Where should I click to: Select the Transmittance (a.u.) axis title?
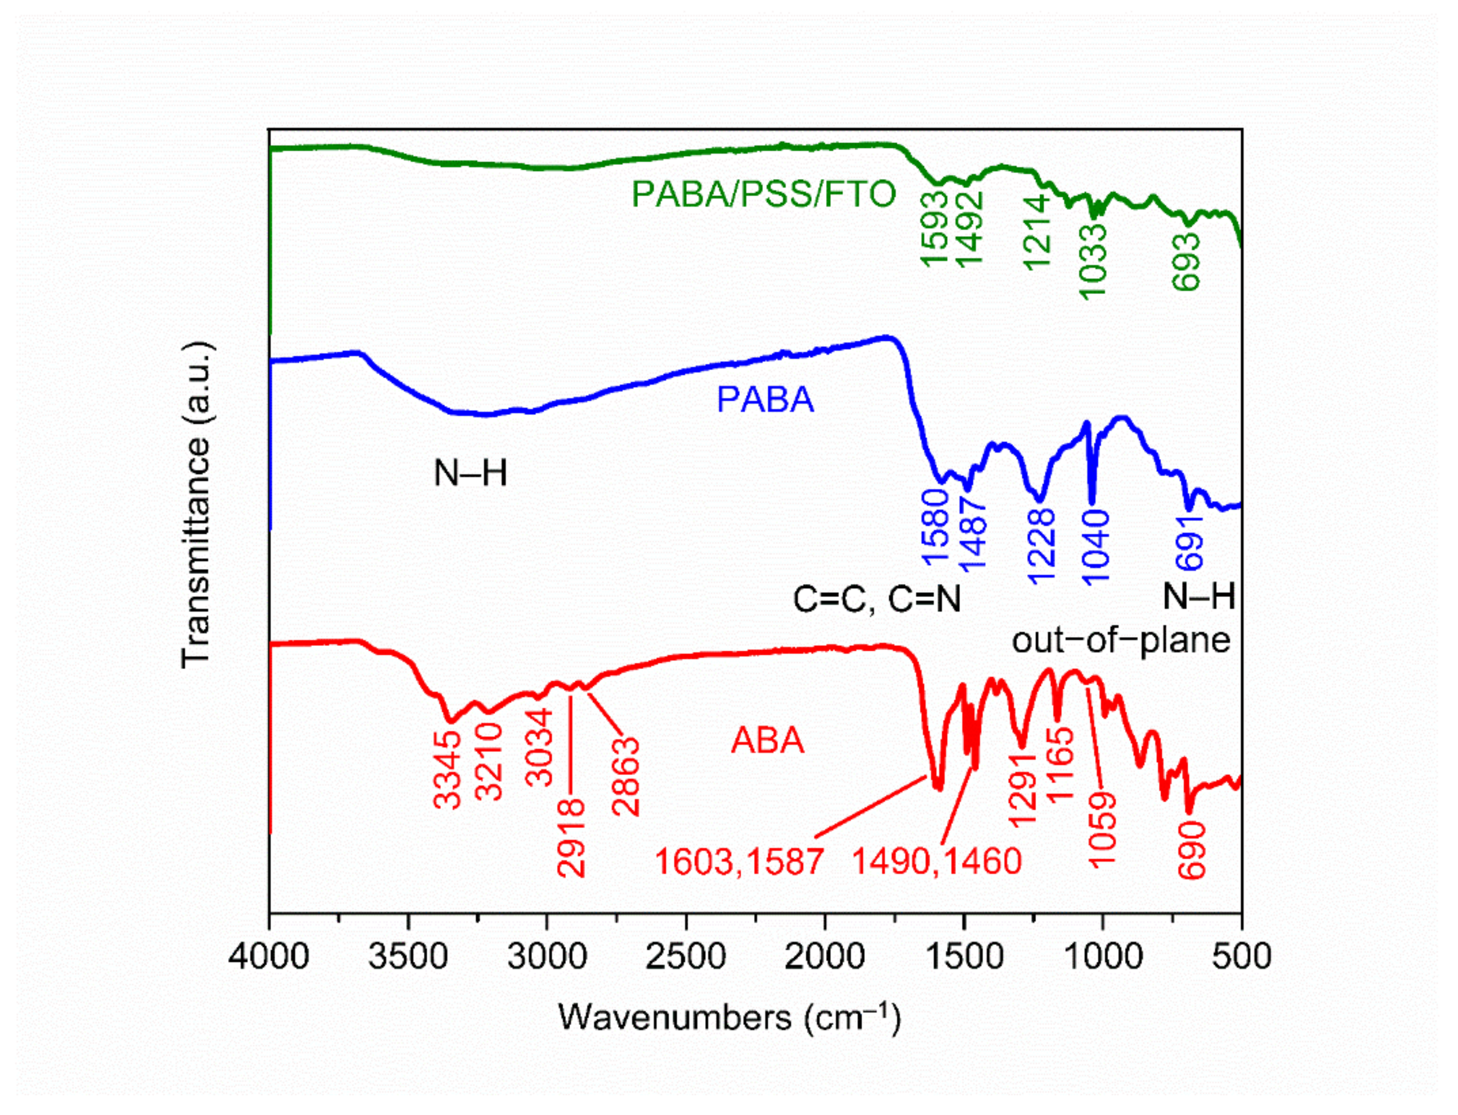[x=197, y=504]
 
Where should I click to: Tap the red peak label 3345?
[x=448, y=770]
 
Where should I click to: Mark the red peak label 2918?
[x=571, y=838]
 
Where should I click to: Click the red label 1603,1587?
[x=739, y=861]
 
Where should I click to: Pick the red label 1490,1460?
[x=936, y=861]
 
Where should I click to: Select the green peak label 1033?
[x=1094, y=262]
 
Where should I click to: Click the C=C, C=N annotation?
[x=877, y=599]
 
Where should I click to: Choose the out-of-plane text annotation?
[x=1121, y=640]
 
